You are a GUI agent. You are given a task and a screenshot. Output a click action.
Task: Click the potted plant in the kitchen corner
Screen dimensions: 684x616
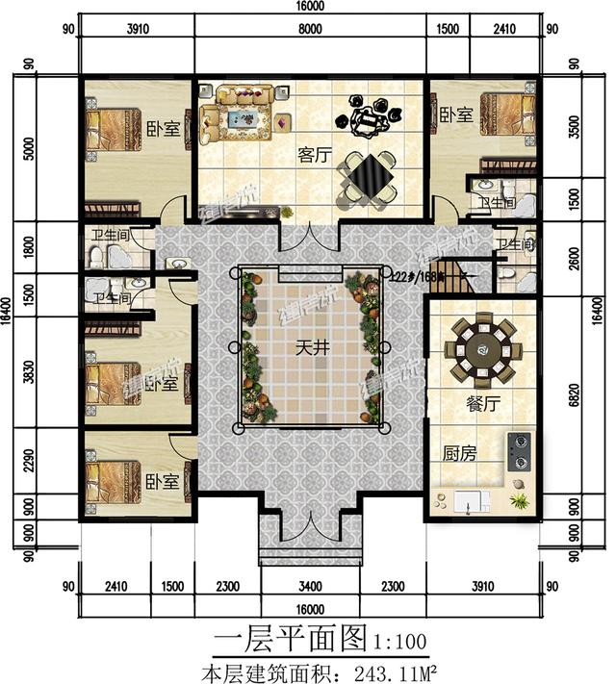(x=520, y=499)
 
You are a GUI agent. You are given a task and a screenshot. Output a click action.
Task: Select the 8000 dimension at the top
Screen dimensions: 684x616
(x=311, y=30)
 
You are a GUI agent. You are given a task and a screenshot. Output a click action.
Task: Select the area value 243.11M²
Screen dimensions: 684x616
(x=386, y=668)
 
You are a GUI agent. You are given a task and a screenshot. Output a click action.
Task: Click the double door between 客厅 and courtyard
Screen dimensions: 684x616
(x=308, y=237)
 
